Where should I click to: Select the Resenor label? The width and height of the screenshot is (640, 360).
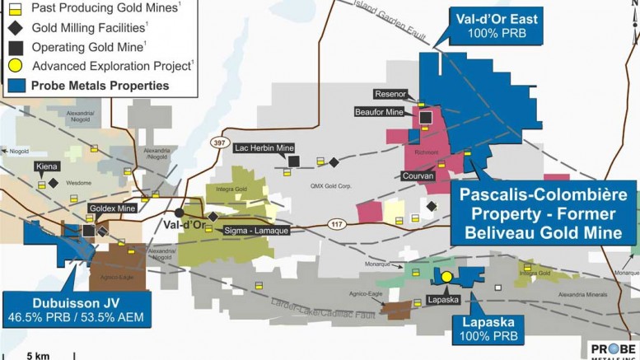tap(391, 93)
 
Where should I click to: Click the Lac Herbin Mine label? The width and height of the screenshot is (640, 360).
tap(264, 148)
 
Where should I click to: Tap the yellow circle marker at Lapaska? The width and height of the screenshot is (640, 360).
tap(446, 278)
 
